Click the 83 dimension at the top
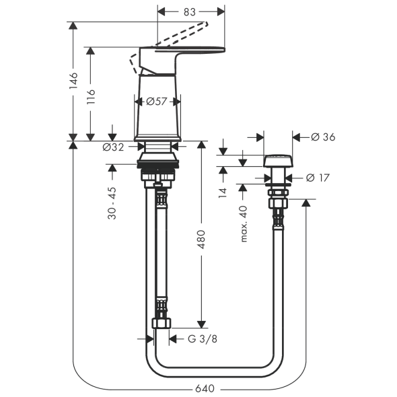coord(189,12)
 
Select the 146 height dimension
coord(73,81)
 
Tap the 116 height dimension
coord(90,97)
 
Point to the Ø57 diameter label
coord(157,102)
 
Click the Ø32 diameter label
coord(114,147)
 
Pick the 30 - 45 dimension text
coord(112,203)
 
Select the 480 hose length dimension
coord(201,240)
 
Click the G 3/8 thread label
coord(203,338)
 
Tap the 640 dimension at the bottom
coord(205,388)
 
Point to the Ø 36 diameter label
coord(323,137)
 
